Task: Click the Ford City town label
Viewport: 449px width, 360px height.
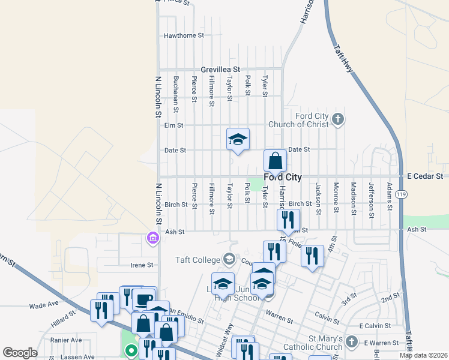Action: [x=282, y=177]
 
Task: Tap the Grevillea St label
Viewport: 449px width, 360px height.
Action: [x=220, y=69]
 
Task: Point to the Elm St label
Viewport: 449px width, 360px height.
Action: [x=173, y=125]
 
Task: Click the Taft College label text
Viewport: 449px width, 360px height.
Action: [x=197, y=260]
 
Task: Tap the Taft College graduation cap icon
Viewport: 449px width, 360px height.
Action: [x=229, y=260]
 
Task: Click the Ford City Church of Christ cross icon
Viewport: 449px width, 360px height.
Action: [x=338, y=119]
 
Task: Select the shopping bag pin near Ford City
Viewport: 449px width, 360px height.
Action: [x=275, y=161]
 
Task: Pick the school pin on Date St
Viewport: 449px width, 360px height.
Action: [x=238, y=140]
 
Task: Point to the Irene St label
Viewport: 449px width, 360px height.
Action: [x=142, y=265]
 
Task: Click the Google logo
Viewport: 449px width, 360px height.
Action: [x=20, y=353]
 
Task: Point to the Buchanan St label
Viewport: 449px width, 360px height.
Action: [x=176, y=89]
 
